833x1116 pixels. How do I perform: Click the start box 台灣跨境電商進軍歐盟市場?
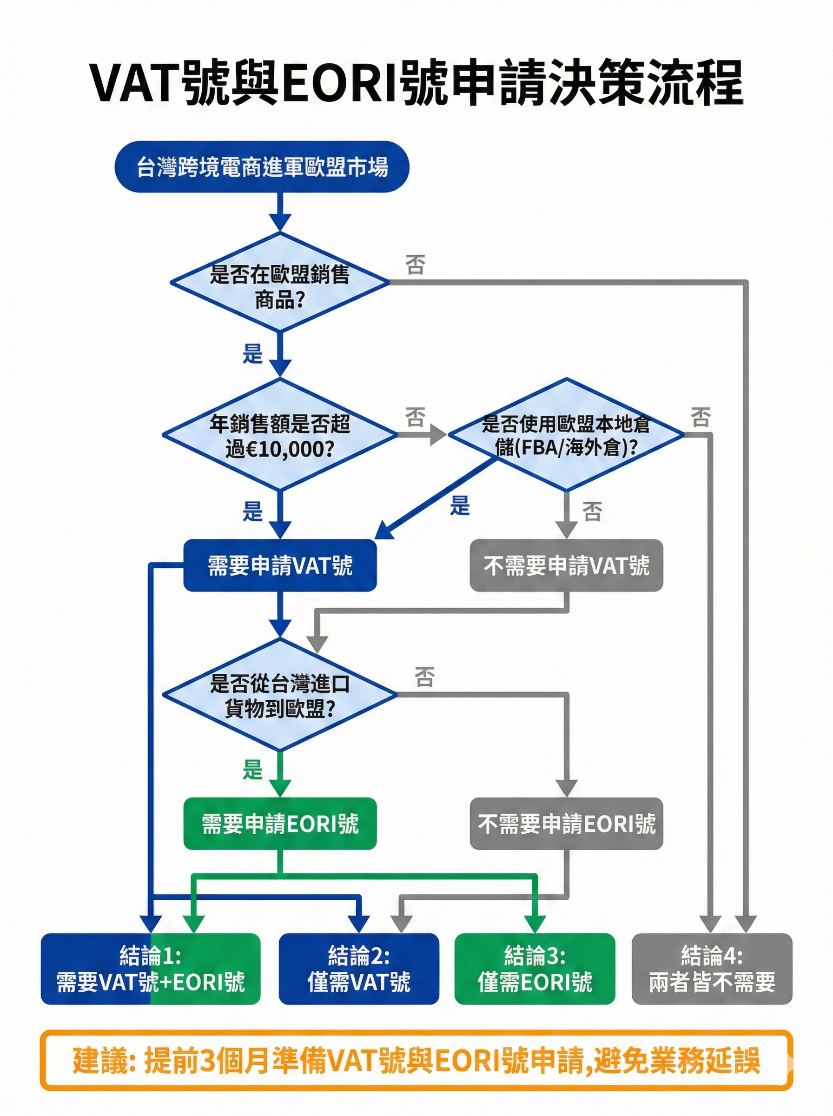(262, 167)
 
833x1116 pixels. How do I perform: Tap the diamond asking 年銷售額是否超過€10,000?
(280, 435)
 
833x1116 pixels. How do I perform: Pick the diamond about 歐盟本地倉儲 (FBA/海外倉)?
(566, 435)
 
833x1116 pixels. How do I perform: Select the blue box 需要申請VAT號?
(280, 565)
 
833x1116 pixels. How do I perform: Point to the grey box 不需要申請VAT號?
(566, 565)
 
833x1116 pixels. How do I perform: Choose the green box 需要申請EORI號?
(280, 824)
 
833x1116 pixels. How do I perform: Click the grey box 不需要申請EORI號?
(566, 824)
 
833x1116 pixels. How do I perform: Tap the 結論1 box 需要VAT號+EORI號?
(150, 969)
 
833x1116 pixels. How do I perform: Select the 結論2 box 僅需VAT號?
(358, 969)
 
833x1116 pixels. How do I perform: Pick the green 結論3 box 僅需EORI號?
(535, 969)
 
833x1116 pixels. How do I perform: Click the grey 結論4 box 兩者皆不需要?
(712, 969)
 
